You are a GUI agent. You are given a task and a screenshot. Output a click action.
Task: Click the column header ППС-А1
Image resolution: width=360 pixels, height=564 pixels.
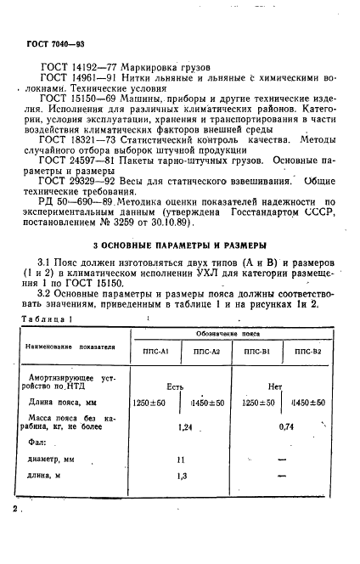[x=151, y=350]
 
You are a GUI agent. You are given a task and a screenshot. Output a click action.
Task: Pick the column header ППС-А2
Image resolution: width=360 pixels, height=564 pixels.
[x=205, y=350]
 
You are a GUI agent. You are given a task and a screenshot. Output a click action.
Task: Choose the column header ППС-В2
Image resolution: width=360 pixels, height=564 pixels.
[x=311, y=350]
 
